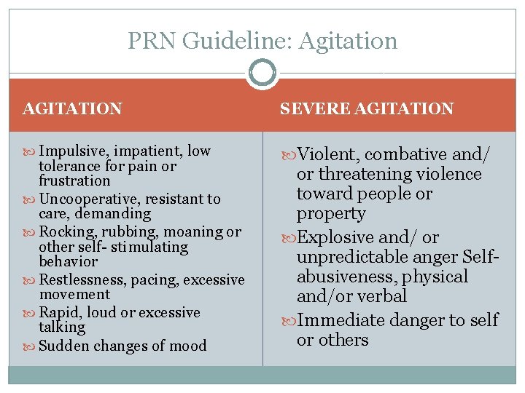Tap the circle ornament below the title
point(262,73)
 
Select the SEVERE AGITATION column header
point(367,109)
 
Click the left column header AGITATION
point(72,109)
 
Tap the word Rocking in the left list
point(63,231)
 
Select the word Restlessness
point(78,279)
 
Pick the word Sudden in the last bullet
point(61,346)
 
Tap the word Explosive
point(338,237)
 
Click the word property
point(330,214)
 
